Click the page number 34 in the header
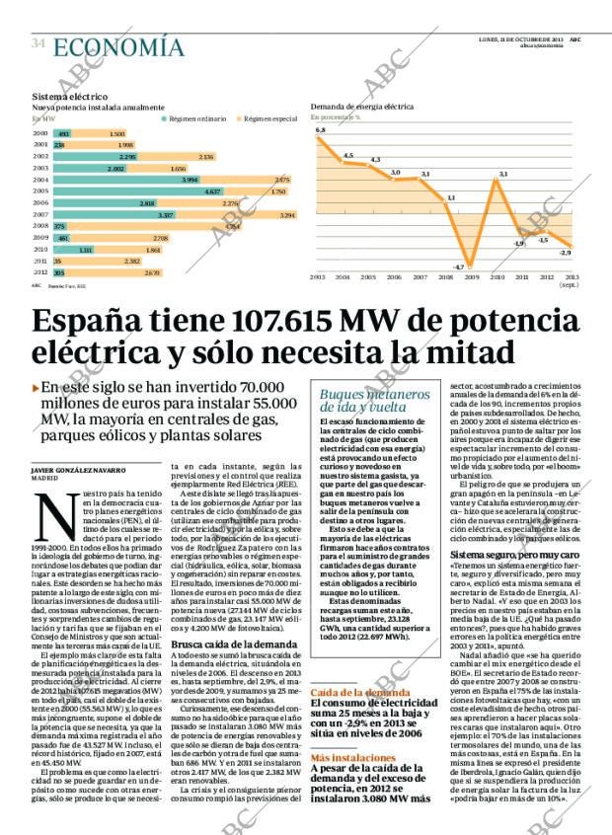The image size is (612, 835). click(38, 44)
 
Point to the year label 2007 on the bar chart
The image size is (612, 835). click(40, 214)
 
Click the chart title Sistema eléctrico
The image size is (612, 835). click(70, 97)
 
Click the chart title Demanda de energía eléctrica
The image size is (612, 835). click(362, 106)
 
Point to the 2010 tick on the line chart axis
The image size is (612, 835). click(497, 277)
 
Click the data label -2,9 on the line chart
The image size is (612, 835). click(565, 254)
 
